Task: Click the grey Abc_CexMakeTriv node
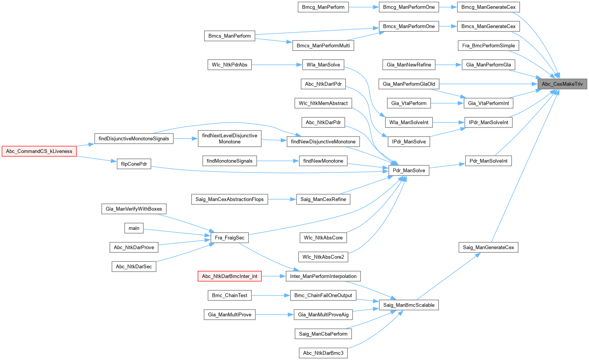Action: coord(562,84)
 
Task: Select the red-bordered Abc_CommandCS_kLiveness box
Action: coord(39,151)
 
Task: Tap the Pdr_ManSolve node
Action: coord(409,170)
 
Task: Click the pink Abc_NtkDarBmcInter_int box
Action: coord(229,276)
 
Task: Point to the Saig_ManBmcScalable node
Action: coord(409,305)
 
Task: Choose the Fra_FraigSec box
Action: coord(229,238)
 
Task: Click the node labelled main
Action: coord(134,228)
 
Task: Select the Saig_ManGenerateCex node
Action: coord(488,247)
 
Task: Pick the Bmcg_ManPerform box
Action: coord(323,7)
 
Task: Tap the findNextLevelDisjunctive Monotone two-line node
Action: coord(229,138)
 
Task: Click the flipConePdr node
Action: coord(134,164)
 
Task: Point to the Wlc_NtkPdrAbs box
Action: coord(229,64)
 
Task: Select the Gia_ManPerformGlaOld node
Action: coord(409,84)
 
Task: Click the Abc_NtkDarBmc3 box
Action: coord(323,353)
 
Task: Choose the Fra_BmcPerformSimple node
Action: coord(488,46)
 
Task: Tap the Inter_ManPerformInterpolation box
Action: coord(323,276)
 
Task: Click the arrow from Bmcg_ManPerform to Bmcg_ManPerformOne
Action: coord(364,7)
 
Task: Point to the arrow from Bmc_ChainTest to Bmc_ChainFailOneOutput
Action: coord(271,296)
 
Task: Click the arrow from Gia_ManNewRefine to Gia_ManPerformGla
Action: coord(448,64)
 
